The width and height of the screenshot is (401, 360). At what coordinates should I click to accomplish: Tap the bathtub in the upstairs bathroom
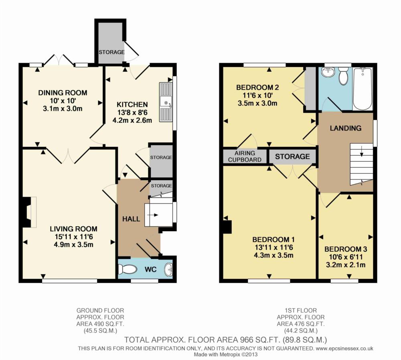tap(363, 89)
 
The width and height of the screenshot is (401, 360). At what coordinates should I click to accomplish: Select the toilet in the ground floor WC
tap(128, 269)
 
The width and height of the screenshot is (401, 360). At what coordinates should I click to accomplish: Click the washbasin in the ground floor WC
tap(169, 269)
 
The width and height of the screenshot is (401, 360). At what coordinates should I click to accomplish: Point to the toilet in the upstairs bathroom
tap(343, 76)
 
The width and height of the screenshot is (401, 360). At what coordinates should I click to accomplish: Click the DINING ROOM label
tap(63, 93)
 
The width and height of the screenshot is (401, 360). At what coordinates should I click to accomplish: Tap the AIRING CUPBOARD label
tap(245, 157)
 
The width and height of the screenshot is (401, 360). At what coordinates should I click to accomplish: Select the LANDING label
tap(346, 128)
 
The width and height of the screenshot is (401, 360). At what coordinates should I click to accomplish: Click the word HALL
tap(131, 219)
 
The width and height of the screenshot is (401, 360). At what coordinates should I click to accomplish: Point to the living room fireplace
tap(30, 212)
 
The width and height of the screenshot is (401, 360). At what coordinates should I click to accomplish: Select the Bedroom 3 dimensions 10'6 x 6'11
tap(346, 257)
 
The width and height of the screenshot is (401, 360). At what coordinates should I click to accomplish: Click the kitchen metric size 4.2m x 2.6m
tap(132, 120)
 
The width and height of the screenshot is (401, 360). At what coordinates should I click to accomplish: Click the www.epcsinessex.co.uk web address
tap(344, 348)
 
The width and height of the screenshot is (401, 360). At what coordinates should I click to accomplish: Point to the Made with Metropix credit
tap(225, 355)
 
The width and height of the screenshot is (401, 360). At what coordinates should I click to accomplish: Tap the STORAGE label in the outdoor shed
tap(111, 52)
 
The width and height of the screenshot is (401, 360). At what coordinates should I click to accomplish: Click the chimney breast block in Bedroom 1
tap(227, 227)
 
